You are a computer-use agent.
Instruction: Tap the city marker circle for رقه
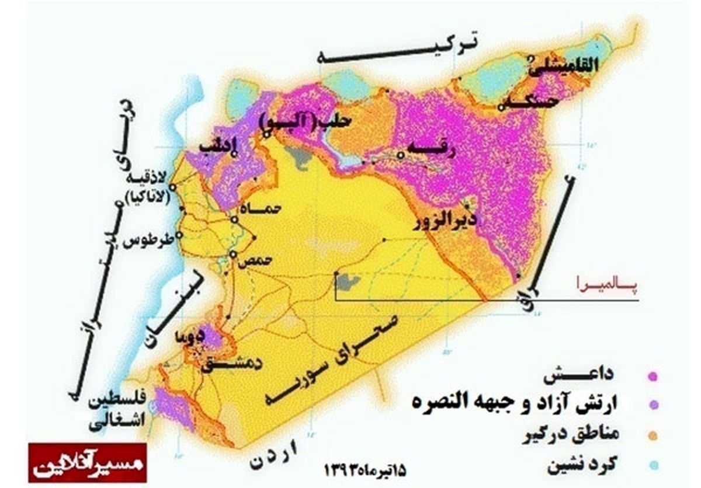[x=401, y=155]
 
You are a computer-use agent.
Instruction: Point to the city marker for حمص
[x=232, y=255]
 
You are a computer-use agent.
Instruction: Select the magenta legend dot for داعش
[x=653, y=377]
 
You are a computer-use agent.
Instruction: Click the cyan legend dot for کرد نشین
[x=653, y=465]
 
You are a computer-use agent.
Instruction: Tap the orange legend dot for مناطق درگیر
[x=653, y=435]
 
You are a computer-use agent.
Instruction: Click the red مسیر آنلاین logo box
[x=88, y=462]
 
